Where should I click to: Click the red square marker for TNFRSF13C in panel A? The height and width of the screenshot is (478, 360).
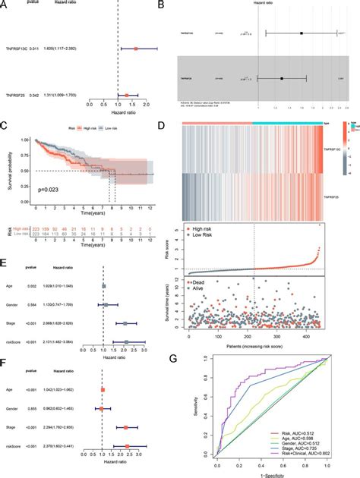pyautogui.click(x=135, y=49)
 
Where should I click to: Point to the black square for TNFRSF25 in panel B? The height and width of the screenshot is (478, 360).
pyautogui.click(x=282, y=78)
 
